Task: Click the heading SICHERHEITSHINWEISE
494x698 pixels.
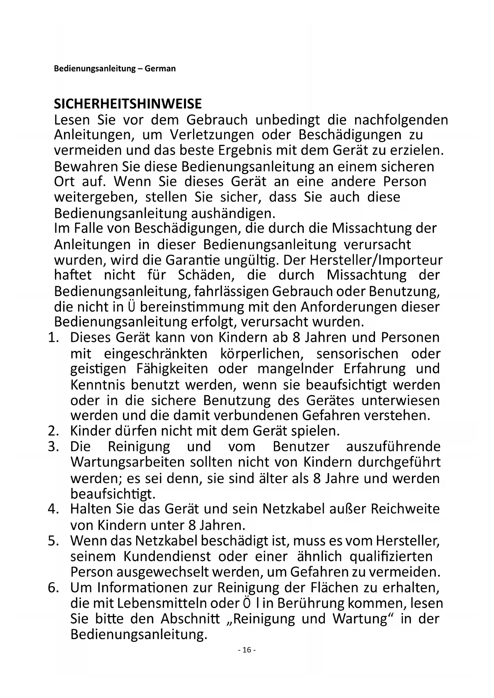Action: pyautogui.click(x=128, y=104)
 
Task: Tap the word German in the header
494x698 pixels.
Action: pyautogui.click(x=160, y=68)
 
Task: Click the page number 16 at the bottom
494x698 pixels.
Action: pyautogui.click(x=247, y=650)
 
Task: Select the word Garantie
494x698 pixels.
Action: pyautogui.click(x=187, y=260)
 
